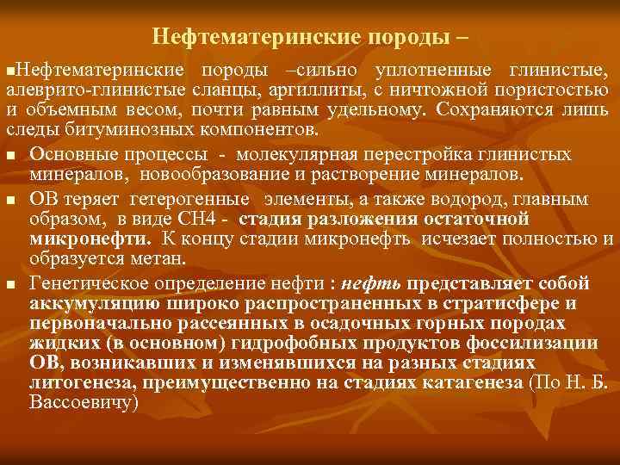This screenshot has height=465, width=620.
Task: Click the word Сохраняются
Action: tap(487, 110)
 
